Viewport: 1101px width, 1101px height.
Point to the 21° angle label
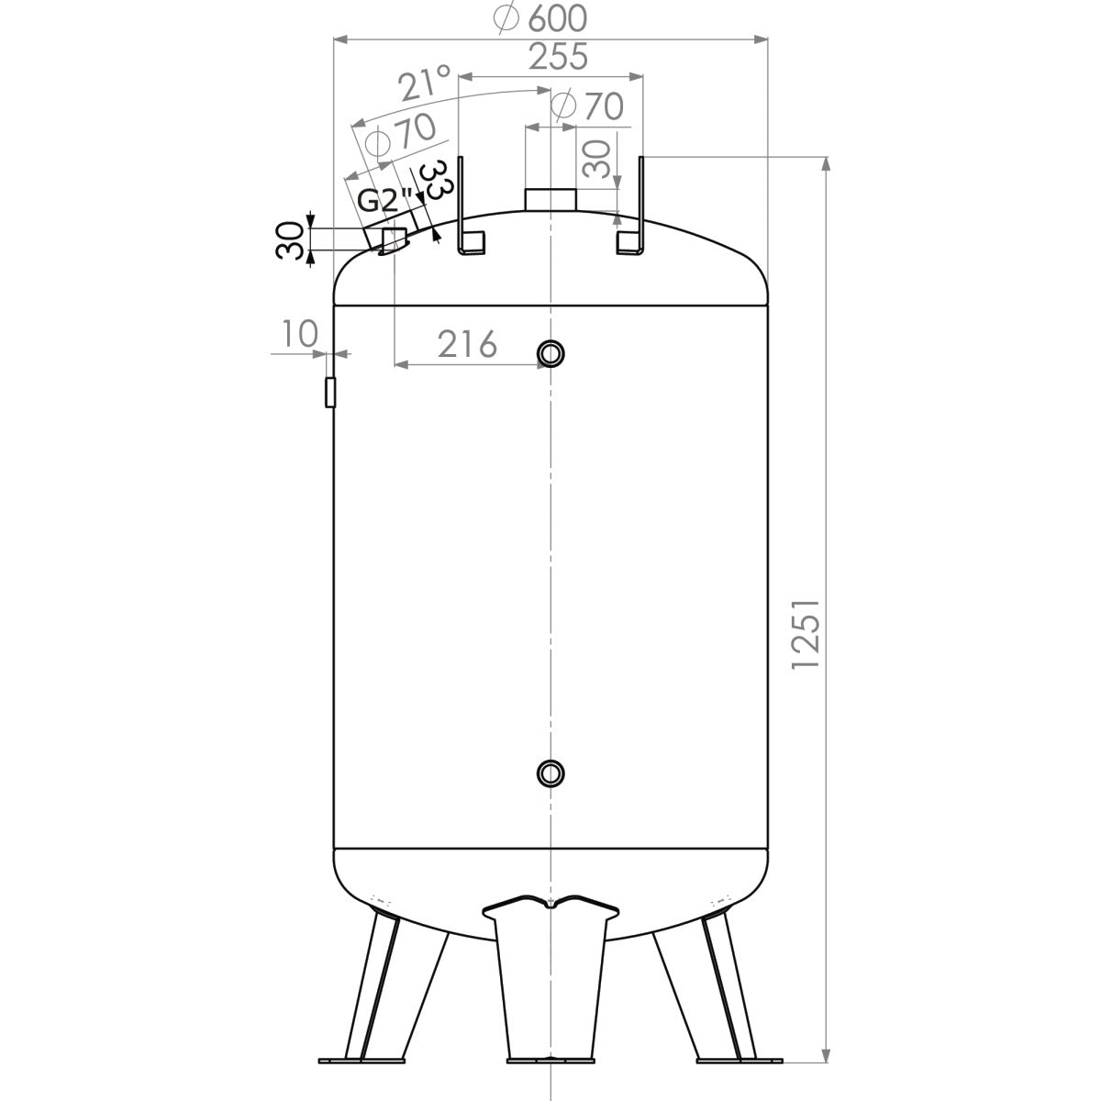click(x=424, y=84)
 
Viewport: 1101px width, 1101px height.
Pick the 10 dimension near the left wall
click(x=299, y=334)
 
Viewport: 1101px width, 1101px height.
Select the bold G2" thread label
click(x=384, y=201)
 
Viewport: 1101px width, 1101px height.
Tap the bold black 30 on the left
click(x=293, y=240)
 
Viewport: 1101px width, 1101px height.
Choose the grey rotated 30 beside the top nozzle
click(x=597, y=159)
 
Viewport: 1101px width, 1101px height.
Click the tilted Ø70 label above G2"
click(x=400, y=135)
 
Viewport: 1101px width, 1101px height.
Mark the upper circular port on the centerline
click(x=550, y=352)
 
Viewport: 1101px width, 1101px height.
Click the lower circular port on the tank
click(x=550, y=773)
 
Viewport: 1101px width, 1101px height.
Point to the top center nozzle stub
click(x=550, y=199)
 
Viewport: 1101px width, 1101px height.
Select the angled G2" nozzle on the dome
click(x=390, y=239)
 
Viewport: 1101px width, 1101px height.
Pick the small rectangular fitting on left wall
click(x=330, y=392)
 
